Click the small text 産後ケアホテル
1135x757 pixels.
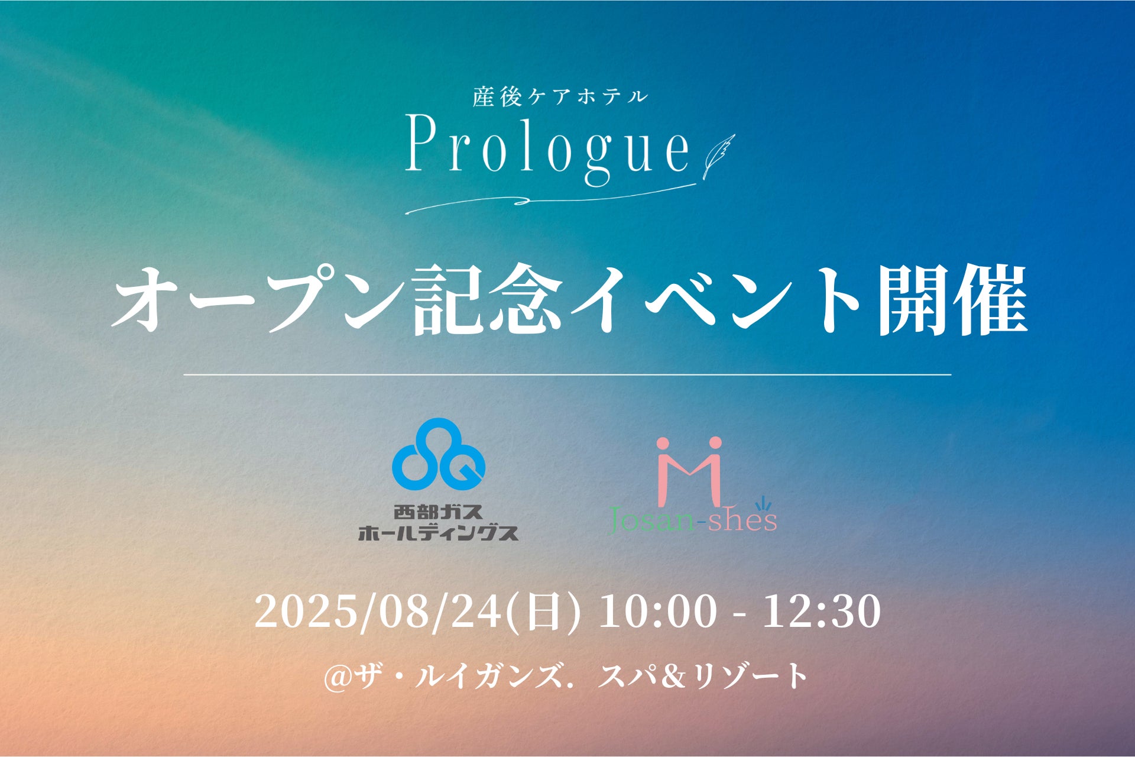(x=560, y=97)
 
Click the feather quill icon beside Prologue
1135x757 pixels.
(x=718, y=156)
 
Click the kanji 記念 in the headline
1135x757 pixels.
(x=486, y=299)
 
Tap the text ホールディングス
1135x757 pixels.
(x=438, y=533)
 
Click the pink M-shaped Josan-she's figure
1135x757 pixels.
(x=689, y=470)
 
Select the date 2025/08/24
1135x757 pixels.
(x=378, y=612)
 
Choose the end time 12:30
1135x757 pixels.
(x=822, y=612)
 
